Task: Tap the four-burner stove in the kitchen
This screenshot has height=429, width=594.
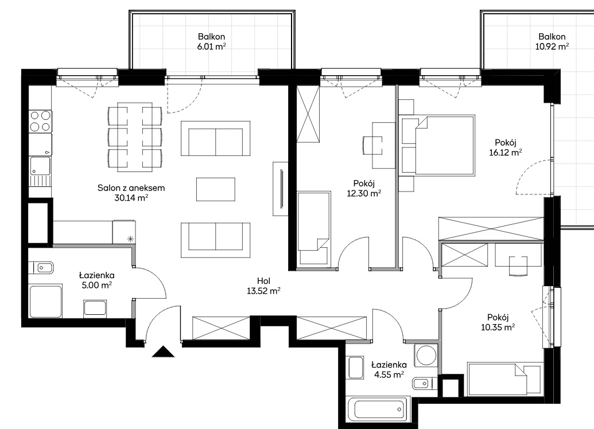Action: [x=41, y=121]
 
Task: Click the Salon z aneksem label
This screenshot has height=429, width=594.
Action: [x=131, y=188]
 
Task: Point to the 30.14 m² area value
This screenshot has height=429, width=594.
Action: [x=131, y=198]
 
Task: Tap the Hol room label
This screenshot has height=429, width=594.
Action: [x=263, y=281]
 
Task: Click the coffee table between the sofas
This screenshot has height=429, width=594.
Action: [x=216, y=189]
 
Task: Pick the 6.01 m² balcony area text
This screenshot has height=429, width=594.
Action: [x=211, y=46]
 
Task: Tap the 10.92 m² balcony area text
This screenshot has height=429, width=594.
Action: [x=552, y=46]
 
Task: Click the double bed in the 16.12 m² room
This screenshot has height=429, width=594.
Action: [x=445, y=146]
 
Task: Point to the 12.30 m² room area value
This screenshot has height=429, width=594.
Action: [x=364, y=193]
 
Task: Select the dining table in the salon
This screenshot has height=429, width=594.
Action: [x=135, y=136]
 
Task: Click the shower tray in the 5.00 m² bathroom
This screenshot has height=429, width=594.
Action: [x=46, y=302]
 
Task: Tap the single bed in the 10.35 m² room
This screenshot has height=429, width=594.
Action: [x=503, y=379]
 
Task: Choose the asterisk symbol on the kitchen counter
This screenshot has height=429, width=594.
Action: [x=130, y=239]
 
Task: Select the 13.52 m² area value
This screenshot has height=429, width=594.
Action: [x=263, y=291]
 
